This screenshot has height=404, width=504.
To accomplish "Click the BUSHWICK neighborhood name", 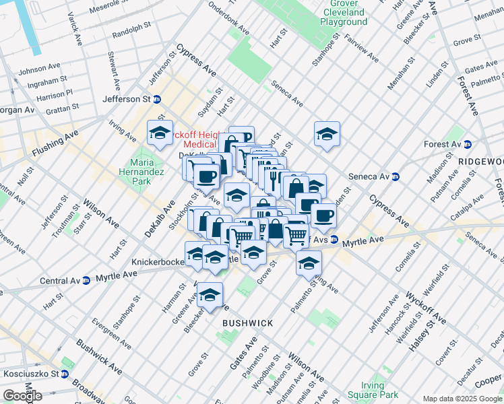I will pos(248,323).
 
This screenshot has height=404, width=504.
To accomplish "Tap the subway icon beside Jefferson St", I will pos(157,99).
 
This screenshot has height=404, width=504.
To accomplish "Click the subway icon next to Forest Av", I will pos(467,144).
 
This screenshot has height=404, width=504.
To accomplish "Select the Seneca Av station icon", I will pos(396,177).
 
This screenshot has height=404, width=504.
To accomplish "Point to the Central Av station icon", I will pos(86,280).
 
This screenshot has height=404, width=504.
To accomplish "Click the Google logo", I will pos(22,395).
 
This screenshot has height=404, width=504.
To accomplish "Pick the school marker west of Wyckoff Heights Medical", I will pos(160,133).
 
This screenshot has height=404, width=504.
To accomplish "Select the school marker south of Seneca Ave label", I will pos(327,133).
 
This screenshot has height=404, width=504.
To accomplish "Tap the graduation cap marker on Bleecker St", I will pos(210,296).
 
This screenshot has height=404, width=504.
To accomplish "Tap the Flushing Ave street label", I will pos(55,143).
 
